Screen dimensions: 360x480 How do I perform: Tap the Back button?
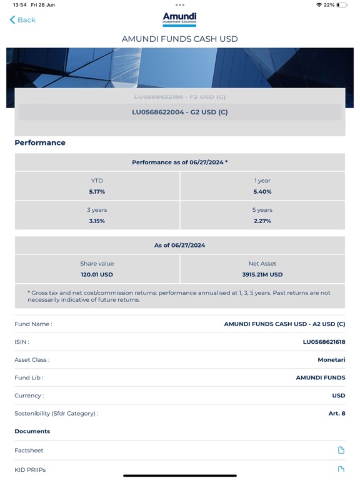tap(22, 20)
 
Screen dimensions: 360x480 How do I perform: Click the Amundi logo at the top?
tap(179, 19)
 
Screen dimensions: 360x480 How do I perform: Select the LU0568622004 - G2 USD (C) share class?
tap(180, 112)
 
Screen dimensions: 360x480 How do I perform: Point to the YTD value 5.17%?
tap(97, 192)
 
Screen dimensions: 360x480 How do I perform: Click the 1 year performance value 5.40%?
tap(262, 192)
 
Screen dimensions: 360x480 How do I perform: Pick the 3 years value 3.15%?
tap(97, 221)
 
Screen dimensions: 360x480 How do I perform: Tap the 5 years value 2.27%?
tap(262, 221)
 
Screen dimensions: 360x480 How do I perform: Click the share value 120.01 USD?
tap(97, 274)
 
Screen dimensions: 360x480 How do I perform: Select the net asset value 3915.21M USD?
tap(262, 274)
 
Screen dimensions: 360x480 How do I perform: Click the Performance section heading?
tap(40, 142)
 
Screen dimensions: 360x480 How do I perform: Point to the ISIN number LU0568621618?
tap(324, 342)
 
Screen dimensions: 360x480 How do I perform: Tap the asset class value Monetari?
tap(331, 360)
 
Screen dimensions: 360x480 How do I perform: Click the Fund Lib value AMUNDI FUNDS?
tap(320, 377)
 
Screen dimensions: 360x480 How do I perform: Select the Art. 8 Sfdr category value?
tap(337, 413)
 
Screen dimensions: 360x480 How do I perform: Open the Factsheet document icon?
tap(341, 450)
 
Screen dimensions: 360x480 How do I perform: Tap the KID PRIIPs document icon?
tap(341, 469)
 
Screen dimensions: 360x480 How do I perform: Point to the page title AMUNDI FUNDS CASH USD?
tap(180, 39)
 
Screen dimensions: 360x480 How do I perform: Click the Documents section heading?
tap(32, 431)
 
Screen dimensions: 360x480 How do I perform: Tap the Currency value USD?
tap(338, 396)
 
